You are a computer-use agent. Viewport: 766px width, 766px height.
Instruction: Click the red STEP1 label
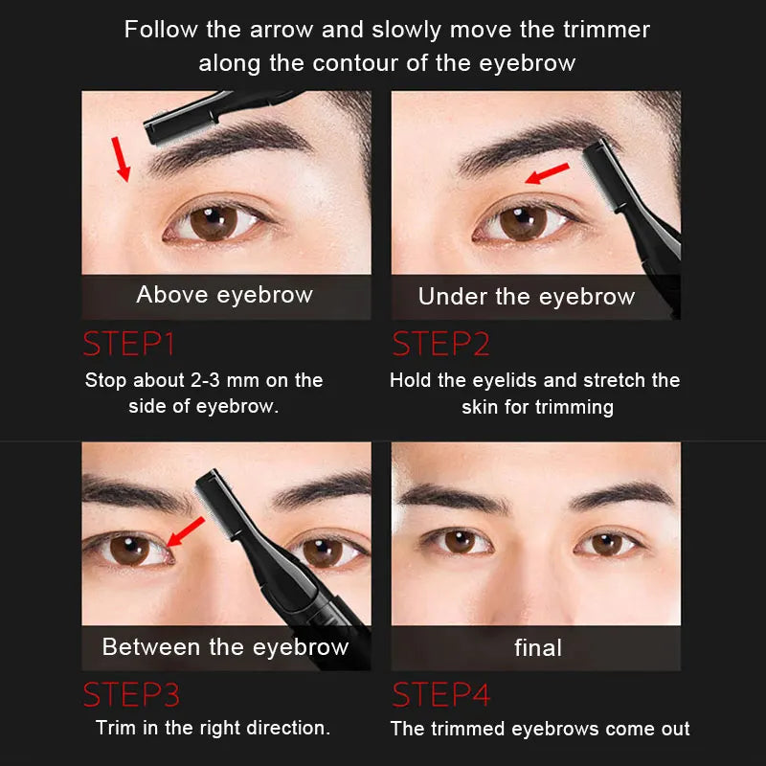(x=128, y=344)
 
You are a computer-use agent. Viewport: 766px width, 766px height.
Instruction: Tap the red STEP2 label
(x=440, y=344)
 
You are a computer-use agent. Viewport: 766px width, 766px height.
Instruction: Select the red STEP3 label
(x=131, y=694)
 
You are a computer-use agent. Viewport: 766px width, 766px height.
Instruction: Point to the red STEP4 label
(x=440, y=694)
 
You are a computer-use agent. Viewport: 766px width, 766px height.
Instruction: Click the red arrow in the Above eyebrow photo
(x=121, y=159)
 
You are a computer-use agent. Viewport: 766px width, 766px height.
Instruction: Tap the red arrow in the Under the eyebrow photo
(x=547, y=173)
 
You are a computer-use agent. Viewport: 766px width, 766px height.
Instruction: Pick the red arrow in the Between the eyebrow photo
(x=186, y=531)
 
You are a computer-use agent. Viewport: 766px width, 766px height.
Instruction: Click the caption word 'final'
(x=538, y=648)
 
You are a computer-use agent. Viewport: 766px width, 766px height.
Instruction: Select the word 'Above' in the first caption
(x=173, y=295)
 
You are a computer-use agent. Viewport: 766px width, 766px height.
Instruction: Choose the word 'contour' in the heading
(x=359, y=63)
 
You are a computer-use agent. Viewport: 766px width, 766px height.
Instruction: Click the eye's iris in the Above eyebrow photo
(x=214, y=223)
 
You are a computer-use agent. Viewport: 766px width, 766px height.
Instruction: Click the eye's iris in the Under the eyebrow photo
(x=523, y=223)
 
